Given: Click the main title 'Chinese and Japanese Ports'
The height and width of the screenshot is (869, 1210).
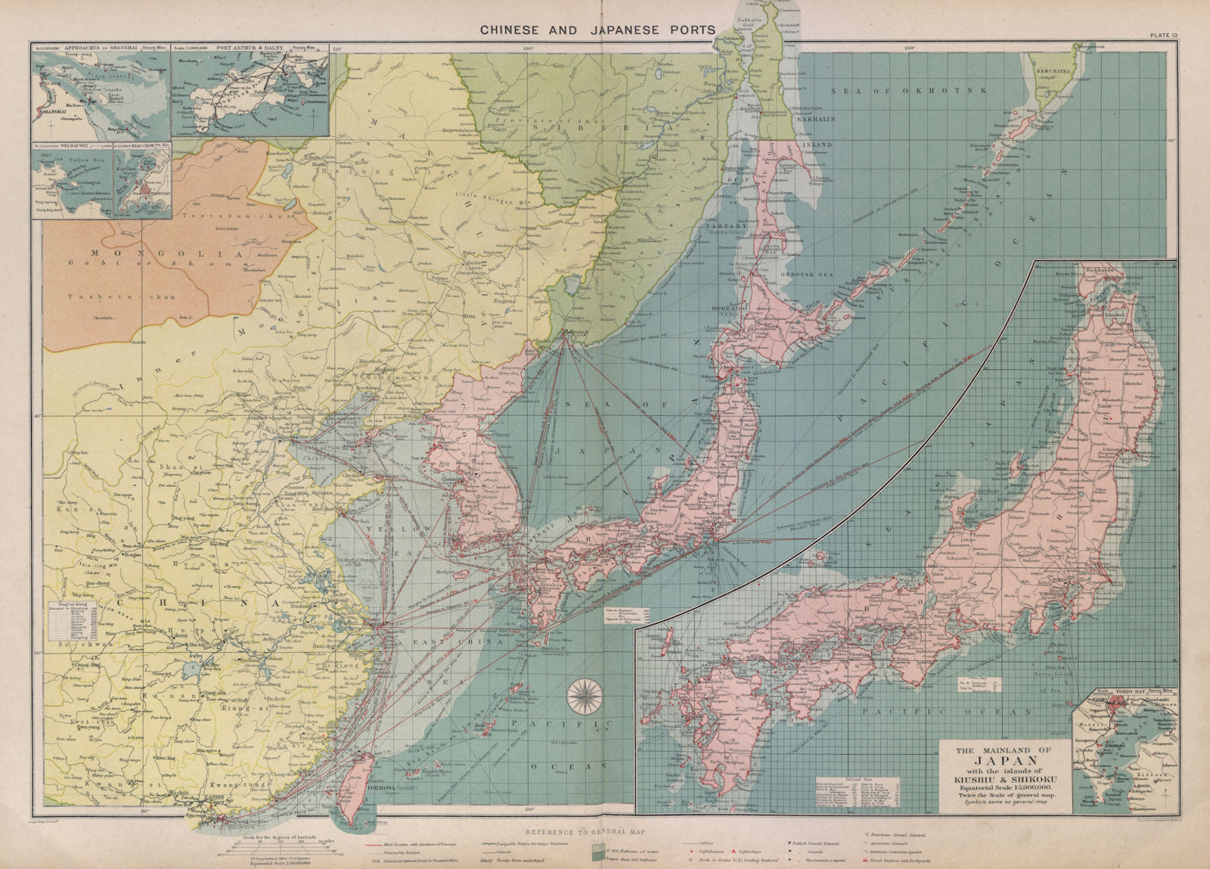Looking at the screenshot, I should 597,30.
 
